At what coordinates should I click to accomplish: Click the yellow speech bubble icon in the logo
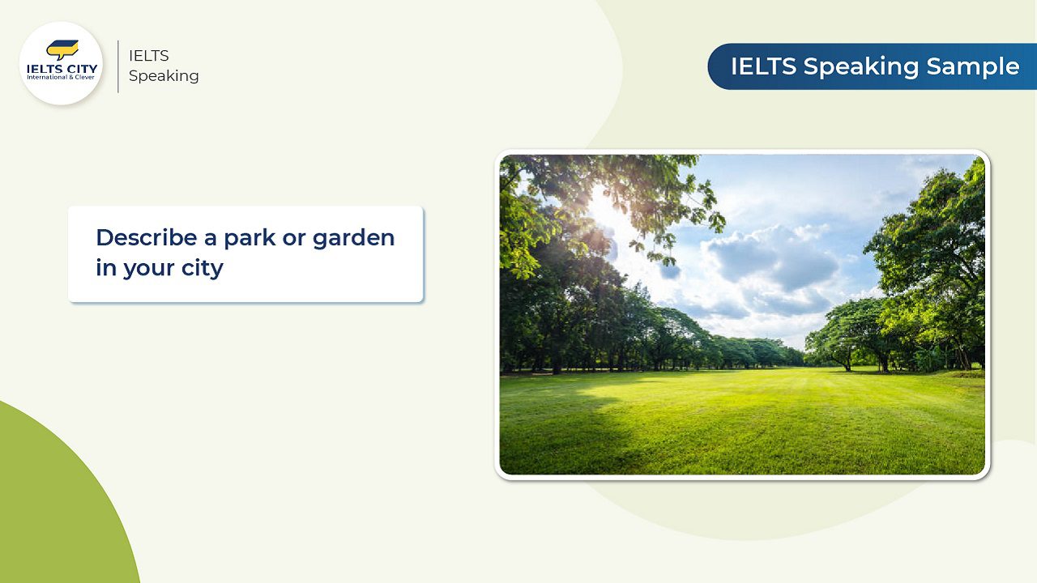tap(62, 49)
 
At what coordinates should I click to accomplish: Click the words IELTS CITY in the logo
tap(62, 69)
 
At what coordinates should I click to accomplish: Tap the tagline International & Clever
tap(61, 77)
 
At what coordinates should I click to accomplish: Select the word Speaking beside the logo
tap(164, 76)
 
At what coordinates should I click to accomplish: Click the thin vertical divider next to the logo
tap(118, 66)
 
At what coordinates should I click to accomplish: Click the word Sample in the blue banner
tap(973, 66)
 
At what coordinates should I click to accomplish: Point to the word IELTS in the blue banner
tap(763, 66)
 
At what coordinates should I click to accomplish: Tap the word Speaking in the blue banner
tap(860, 67)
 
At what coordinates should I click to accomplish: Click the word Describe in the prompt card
tap(147, 237)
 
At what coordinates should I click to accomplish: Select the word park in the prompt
tap(250, 239)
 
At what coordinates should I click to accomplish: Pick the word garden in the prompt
tap(353, 239)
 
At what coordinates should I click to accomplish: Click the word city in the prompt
tap(203, 268)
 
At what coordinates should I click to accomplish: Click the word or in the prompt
tap(293, 239)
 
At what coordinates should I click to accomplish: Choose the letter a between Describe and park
tap(210, 239)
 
